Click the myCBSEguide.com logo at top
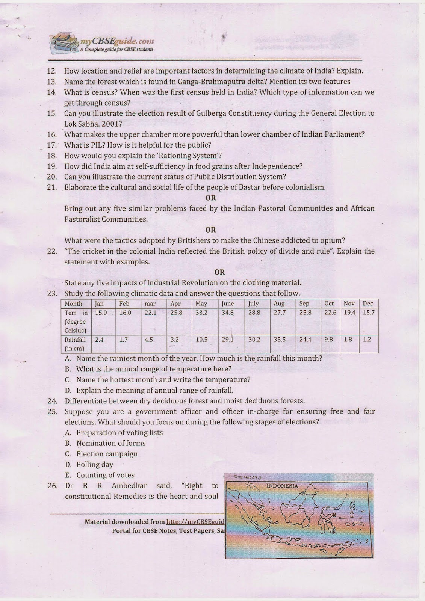101,44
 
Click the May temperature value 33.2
201,313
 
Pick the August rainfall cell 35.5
280,340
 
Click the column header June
228,304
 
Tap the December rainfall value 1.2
367,340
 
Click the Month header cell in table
73,304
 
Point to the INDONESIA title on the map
282,486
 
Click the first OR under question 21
210,198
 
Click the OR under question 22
219,272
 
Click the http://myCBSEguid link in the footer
195,522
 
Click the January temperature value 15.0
101,313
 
